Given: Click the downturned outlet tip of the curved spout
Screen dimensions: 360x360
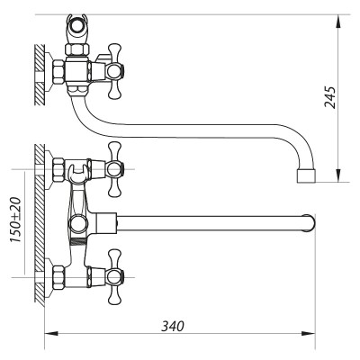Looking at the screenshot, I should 305,176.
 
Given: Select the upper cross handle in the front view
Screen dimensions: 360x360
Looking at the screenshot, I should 113,166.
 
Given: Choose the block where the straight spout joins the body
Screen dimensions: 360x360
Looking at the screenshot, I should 109,221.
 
